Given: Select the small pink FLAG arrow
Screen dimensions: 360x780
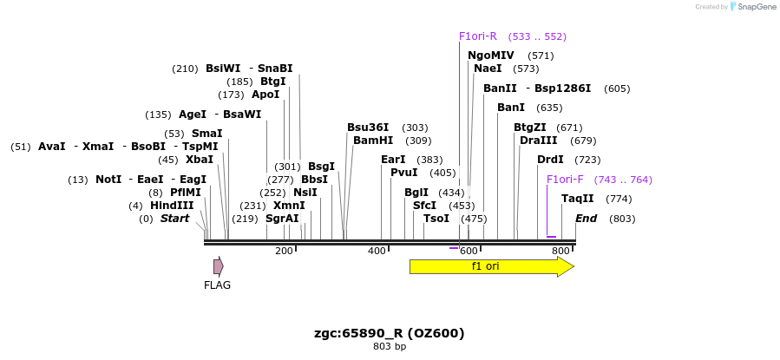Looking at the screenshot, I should point(219,266).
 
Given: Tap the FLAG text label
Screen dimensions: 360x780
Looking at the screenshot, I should point(217,285).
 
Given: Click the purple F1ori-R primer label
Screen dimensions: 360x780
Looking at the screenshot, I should point(478,36).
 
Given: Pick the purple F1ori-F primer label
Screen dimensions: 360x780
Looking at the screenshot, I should point(565,180).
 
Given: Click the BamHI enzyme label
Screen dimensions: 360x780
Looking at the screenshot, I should point(373,141).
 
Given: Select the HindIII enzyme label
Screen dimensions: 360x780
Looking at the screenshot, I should point(172,206).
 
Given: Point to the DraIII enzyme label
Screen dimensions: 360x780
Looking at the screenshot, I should point(539,141).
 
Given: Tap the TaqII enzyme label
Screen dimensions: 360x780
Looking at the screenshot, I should point(578,199).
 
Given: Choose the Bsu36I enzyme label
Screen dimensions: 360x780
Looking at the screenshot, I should point(368,128).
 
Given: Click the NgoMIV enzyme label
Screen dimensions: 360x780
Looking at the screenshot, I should point(491,56).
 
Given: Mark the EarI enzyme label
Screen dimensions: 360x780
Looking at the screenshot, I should point(393,160).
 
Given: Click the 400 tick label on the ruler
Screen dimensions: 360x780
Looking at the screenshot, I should point(377,251).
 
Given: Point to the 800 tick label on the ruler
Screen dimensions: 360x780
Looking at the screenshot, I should point(560,251).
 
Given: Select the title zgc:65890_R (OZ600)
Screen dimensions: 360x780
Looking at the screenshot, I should point(390,333).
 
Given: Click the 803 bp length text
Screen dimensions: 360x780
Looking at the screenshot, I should point(390,347).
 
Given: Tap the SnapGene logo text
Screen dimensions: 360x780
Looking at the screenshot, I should point(757,7).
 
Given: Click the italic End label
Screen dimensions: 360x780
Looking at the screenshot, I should point(587,219).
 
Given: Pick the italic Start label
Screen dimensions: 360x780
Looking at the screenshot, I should point(174,219).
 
